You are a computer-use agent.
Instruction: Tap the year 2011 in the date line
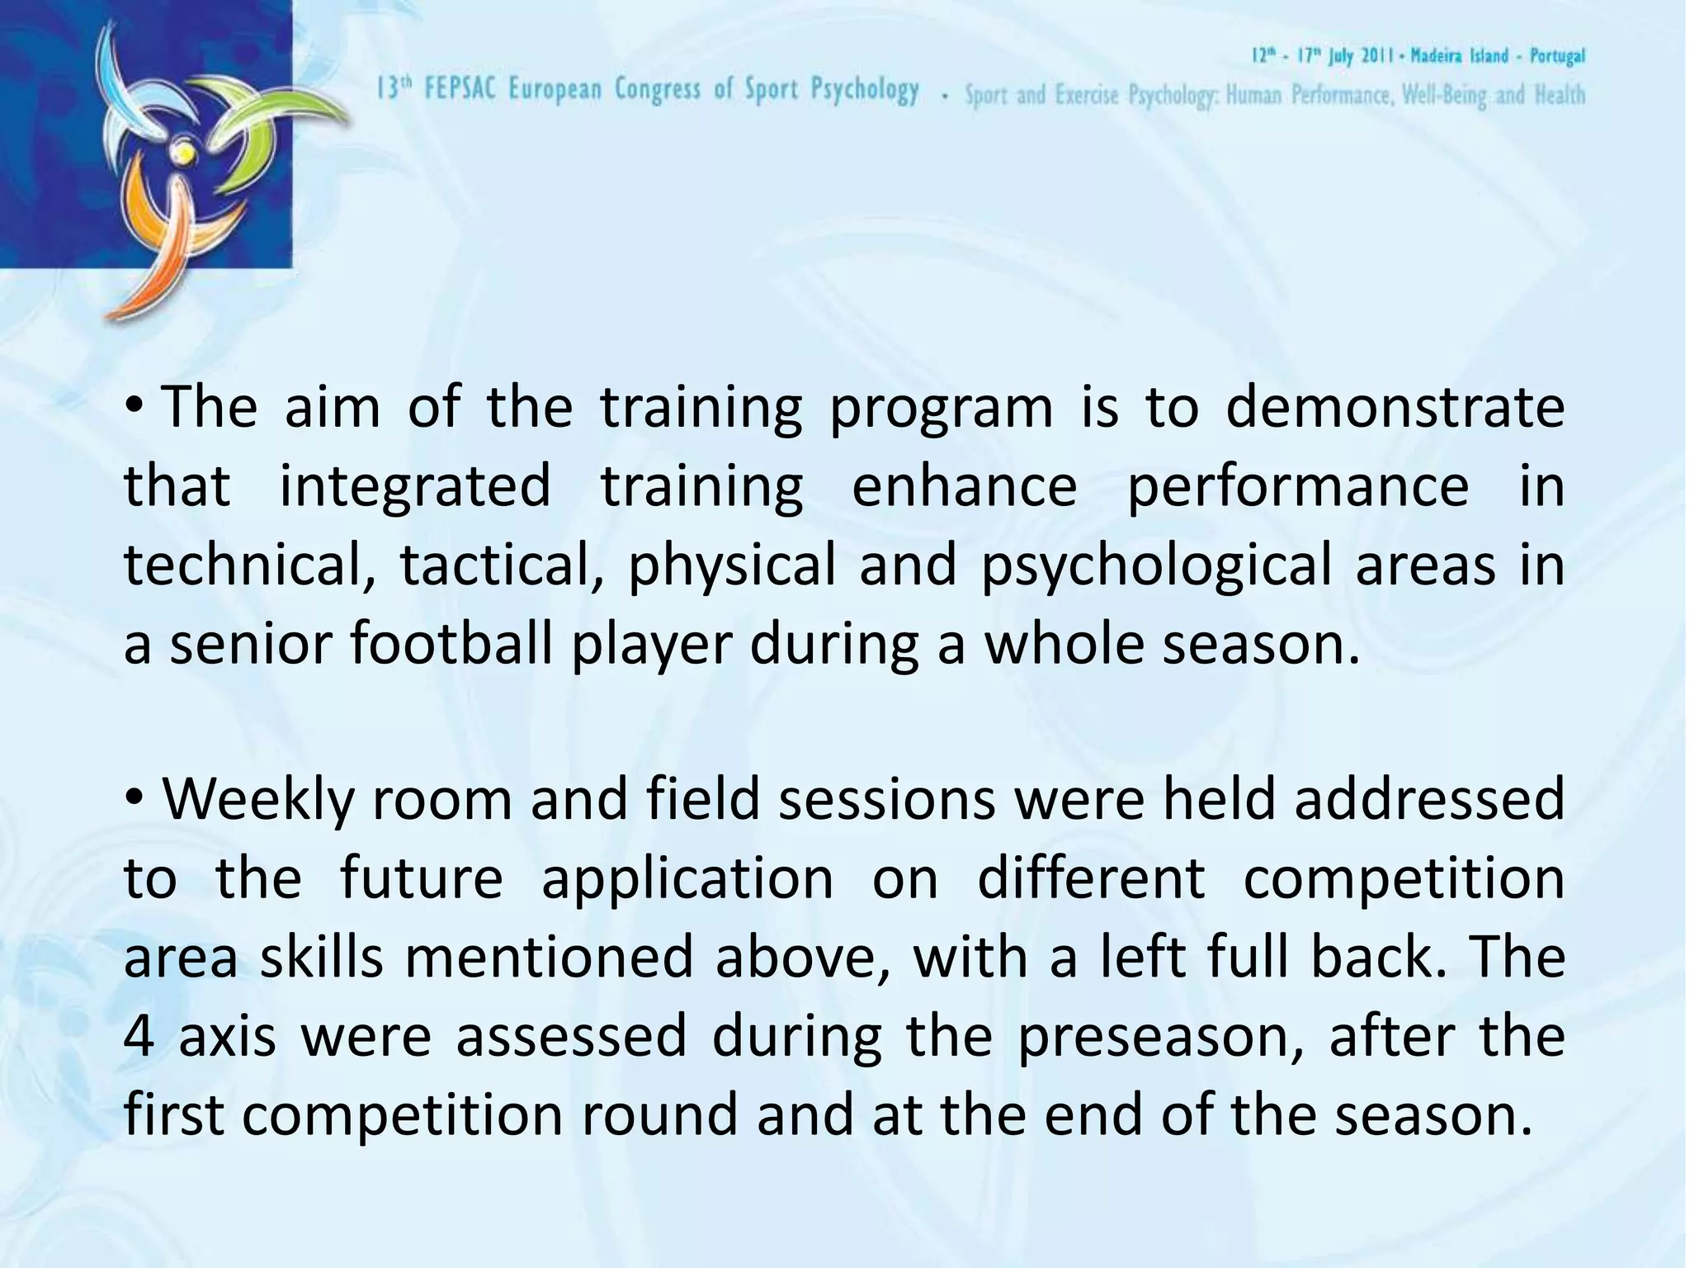(x=1376, y=56)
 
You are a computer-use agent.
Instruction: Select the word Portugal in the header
(x=1557, y=56)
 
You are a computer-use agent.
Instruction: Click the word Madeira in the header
(x=1437, y=56)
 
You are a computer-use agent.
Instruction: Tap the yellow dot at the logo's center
(x=183, y=153)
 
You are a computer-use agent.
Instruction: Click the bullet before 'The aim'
(x=136, y=406)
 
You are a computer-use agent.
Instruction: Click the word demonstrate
(x=1395, y=408)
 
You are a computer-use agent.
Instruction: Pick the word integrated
(x=414, y=486)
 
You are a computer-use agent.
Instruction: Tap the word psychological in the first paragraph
(x=1156, y=567)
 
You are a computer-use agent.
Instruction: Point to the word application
(x=687, y=879)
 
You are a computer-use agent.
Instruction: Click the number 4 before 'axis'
(x=139, y=1037)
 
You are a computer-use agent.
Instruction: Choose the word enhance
(x=964, y=486)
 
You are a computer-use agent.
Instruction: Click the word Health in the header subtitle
(x=1559, y=96)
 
